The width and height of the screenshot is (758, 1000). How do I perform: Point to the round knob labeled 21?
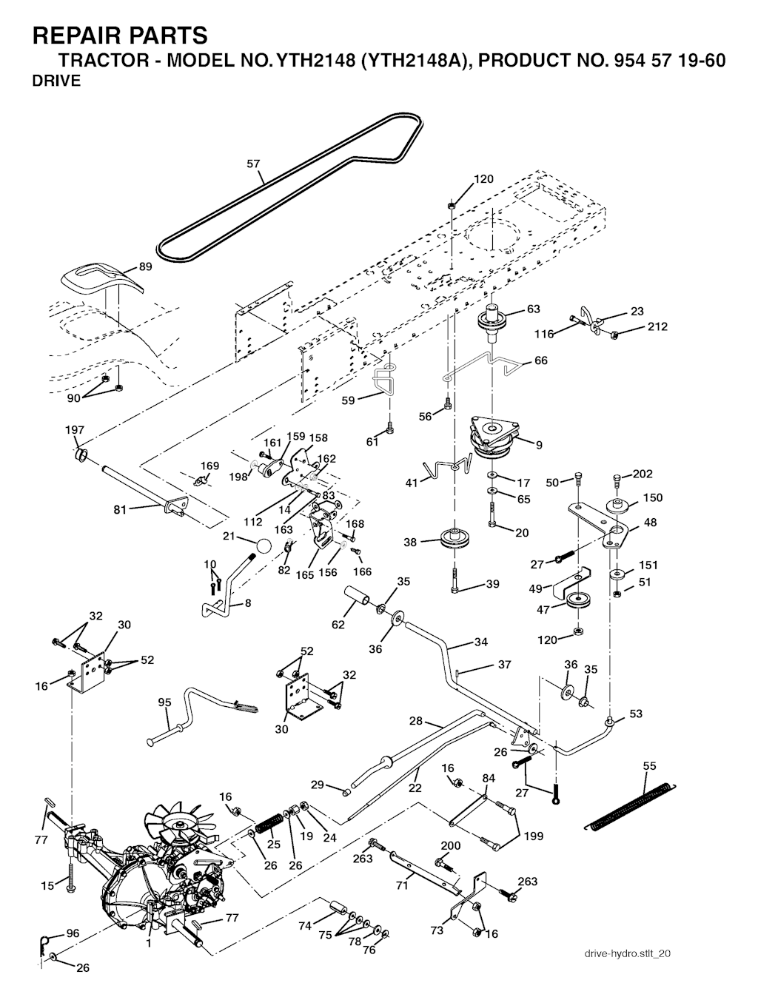pyautogui.click(x=264, y=547)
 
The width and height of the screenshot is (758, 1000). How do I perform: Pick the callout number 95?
pyautogui.click(x=165, y=702)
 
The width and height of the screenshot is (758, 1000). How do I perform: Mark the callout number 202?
pyautogui.click(x=643, y=474)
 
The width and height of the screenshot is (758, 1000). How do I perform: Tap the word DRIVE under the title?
pyautogui.click(x=56, y=81)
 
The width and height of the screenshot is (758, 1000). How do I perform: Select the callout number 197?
pyautogui.click(x=75, y=430)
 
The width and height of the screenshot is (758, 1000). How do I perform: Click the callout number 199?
pyautogui.click(x=533, y=836)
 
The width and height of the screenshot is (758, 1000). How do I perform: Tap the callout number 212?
pyautogui.click(x=657, y=326)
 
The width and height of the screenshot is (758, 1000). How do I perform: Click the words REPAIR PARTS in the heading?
pyautogui.click(x=121, y=35)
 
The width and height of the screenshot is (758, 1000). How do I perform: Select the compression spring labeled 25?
pyautogui.click(x=268, y=823)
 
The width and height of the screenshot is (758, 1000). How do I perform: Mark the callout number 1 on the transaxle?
pyautogui.click(x=149, y=944)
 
